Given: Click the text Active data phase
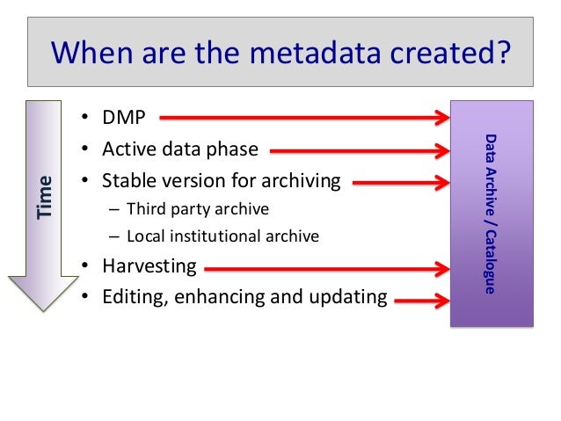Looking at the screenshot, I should pyautogui.click(x=180, y=149).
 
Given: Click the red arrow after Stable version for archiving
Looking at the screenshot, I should pyautogui.click(x=401, y=182).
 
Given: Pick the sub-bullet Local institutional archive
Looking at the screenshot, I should pyautogui.click(x=222, y=236).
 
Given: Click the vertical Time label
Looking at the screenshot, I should pyautogui.click(x=45, y=197).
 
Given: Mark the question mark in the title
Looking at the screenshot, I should pyautogui.click(x=500, y=53).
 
